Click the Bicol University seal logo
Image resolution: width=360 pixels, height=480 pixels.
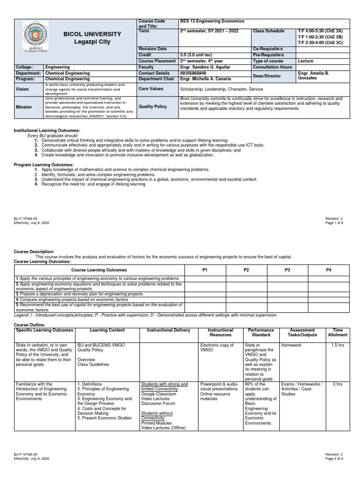coord(35,37)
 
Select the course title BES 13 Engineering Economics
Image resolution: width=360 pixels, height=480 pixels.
coord(212,22)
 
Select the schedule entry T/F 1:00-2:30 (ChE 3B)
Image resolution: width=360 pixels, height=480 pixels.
coord(320,37)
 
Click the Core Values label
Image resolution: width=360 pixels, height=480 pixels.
coord(150,88)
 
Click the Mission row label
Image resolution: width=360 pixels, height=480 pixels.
coord(24,107)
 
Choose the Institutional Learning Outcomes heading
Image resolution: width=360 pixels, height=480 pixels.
coord(47,130)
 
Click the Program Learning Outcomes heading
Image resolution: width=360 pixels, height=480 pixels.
coord(44,165)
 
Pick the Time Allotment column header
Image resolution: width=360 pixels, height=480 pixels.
coord(337,332)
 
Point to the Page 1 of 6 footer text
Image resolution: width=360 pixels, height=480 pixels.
coord(334,223)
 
